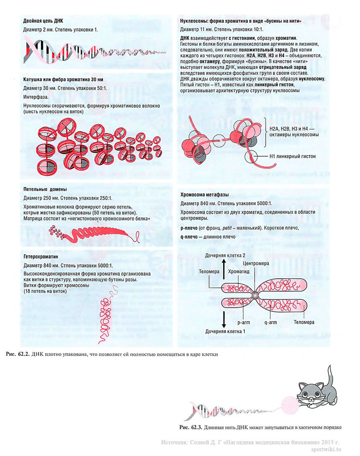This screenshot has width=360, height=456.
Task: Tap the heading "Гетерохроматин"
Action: [x=41, y=257]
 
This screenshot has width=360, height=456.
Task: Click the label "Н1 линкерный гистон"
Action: [x=292, y=156]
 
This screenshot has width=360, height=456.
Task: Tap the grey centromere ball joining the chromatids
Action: [x=255, y=294]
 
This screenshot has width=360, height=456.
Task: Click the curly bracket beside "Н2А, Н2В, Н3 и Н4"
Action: [x=264, y=132]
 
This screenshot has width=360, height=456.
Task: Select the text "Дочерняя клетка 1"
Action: [x=226, y=331]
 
